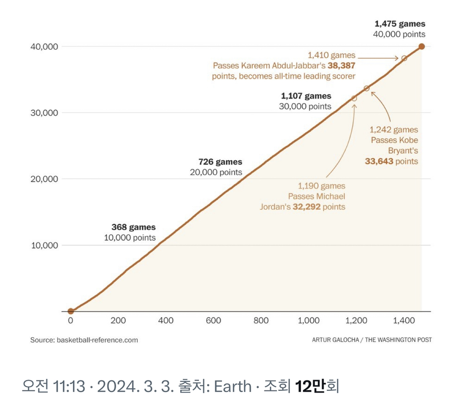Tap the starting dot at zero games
click(x=71, y=311)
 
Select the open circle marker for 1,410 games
click(x=404, y=58)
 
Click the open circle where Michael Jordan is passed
click(x=354, y=98)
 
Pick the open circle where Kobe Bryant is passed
click(x=366, y=88)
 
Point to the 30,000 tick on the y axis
click(x=44, y=113)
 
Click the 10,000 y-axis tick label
click(x=44, y=245)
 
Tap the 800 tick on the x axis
click(x=261, y=321)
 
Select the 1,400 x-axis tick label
click(x=404, y=321)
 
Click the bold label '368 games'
click(x=133, y=227)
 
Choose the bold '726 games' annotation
click(x=220, y=161)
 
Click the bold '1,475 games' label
click(x=400, y=24)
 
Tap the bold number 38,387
click(x=342, y=66)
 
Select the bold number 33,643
click(x=379, y=161)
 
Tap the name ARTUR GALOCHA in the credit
click(x=335, y=340)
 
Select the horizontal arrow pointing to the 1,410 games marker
click(x=379, y=58)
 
